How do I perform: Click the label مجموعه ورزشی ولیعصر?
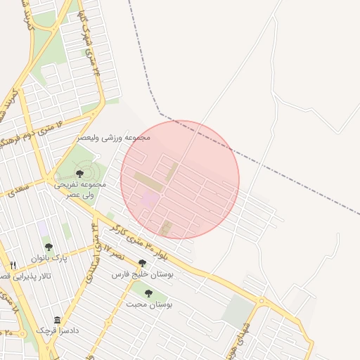(x=117, y=138)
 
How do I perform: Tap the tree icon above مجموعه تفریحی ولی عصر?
(x=79, y=173)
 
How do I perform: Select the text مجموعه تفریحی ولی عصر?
(x=82, y=188)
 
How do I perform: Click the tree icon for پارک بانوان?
(x=49, y=247)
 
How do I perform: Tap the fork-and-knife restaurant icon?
(x=13, y=265)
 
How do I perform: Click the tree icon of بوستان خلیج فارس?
(x=142, y=263)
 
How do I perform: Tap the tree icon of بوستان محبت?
(x=148, y=293)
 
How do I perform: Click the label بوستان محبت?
(x=150, y=304)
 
